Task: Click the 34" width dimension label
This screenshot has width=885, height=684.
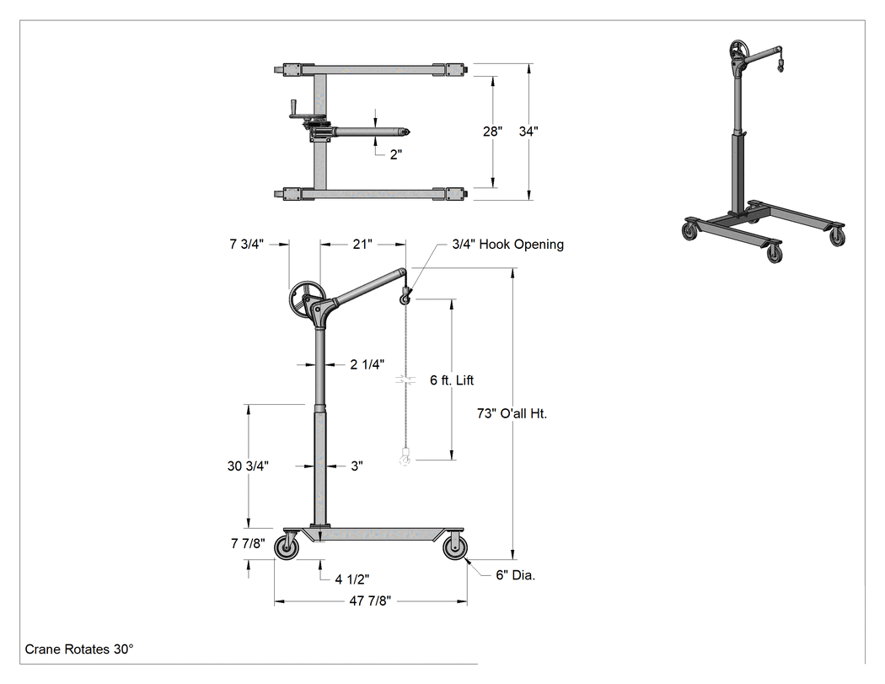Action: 528,131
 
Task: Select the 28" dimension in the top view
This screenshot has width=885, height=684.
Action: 492,131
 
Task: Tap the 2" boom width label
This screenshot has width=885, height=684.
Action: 396,154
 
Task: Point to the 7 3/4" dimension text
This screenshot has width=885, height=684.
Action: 247,244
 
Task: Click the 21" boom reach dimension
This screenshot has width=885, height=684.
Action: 362,244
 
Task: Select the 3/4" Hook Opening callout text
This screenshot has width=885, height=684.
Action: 508,245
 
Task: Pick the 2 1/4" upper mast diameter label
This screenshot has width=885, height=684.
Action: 367,364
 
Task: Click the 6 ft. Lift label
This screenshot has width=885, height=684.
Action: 452,380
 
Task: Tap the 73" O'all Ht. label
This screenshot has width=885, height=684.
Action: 512,413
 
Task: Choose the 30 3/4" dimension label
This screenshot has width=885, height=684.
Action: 248,466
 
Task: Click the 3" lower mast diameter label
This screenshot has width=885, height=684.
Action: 357,466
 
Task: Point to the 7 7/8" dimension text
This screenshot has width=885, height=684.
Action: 248,543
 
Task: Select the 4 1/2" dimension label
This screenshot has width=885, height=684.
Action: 352,579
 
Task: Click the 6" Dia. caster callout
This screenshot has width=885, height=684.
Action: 515,575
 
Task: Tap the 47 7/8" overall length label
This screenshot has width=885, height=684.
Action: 370,601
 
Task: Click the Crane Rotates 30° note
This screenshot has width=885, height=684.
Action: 79,649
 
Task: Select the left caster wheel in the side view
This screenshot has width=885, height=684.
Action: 287,548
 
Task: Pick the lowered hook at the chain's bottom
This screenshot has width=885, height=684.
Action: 404,456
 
